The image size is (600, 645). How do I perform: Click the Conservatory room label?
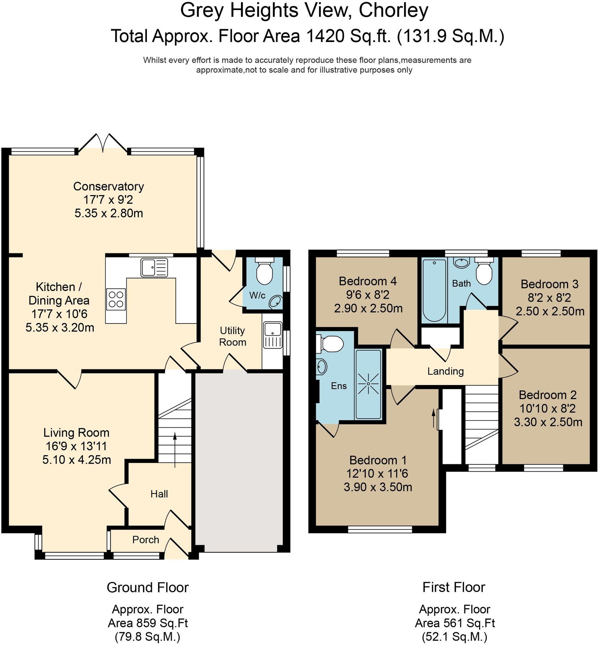pyautogui.click(x=108, y=186)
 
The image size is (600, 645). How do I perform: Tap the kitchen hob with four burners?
pyautogui.click(x=116, y=299)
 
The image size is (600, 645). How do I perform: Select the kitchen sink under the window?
pyautogui.click(x=154, y=267)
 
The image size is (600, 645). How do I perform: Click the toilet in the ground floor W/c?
pyautogui.click(x=264, y=271)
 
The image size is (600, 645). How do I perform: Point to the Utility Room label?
pyautogui.click(x=232, y=336)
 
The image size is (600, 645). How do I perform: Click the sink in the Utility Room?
pyautogui.click(x=273, y=335)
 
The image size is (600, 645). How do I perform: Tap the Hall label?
pyautogui.click(x=159, y=494)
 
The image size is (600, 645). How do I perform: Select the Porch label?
pyautogui.click(x=145, y=540)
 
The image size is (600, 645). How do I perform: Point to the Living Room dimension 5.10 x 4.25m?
pyautogui.click(x=77, y=460)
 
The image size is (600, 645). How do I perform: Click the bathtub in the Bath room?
pyautogui.click(x=434, y=290)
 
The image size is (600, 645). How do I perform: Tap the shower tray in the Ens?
pyautogui.click(x=368, y=384)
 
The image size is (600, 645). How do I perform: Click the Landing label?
pyautogui.click(x=445, y=371)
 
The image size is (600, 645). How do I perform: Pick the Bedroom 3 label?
pyautogui.click(x=549, y=284)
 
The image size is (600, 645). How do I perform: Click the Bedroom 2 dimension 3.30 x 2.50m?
pyautogui.click(x=548, y=422)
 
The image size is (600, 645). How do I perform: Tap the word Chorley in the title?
pyautogui.click(x=393, y=11)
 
